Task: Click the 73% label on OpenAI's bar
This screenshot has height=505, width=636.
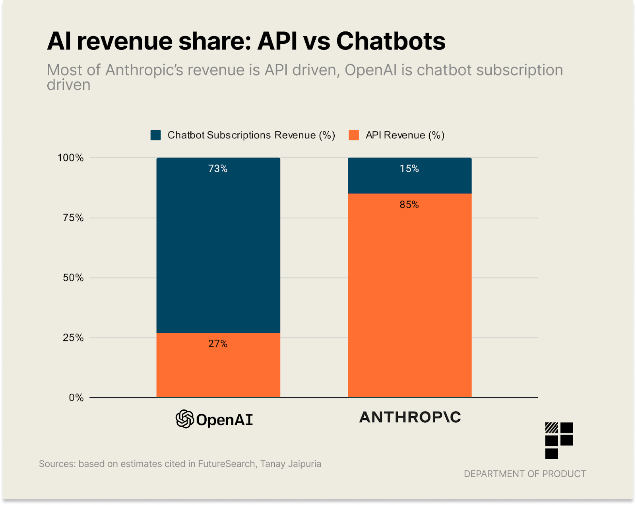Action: pos(218,169)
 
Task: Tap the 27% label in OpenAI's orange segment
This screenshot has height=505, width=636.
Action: pos(218,344)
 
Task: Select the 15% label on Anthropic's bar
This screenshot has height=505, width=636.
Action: pos(409,169)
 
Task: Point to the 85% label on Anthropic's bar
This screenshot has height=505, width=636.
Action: pos(409,204)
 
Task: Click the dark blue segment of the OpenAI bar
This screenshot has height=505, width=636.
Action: pos(218,251)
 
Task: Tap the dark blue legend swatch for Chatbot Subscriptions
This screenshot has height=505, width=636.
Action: pos(156,135)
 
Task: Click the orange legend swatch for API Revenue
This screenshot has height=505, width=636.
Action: pos(353,135)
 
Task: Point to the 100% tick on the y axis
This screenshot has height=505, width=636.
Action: pos(71,158)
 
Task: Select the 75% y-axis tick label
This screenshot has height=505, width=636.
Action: pos(73,218)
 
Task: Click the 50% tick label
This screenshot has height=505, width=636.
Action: pos(73,278)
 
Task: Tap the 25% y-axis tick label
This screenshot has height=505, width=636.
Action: pos(73,338)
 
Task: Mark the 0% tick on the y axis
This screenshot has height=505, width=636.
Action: pos(76,398)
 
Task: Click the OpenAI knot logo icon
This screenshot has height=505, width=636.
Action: pos(185,419)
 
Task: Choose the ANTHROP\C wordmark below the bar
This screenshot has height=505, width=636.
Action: pos(410,417)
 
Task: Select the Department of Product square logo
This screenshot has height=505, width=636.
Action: pos(559,440)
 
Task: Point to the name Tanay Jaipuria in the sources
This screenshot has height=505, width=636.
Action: pos(291,464)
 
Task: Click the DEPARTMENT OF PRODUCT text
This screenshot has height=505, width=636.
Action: pos(525,474)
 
